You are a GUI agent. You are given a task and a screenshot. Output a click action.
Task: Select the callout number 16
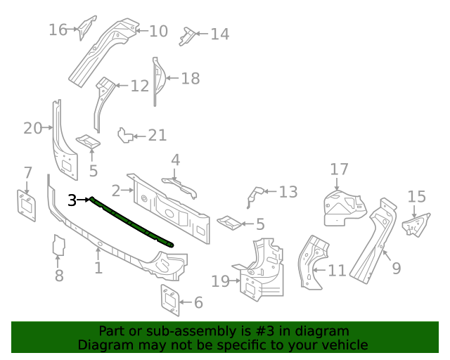pos(58,29)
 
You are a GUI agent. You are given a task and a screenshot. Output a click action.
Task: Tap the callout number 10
pos(159,30)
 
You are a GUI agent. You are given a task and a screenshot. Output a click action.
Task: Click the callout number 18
pos(191,78)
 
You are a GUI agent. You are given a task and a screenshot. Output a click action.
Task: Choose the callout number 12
pos(140,86)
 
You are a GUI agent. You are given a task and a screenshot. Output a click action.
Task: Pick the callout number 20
pos(32,128)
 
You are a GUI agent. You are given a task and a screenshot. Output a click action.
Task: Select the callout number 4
pos(175,160)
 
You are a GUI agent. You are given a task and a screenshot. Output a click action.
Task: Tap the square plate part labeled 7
pos(26,203)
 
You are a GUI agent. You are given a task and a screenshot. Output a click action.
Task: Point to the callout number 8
pos(59,276)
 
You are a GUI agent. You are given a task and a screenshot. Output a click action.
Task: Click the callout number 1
pos(98,267)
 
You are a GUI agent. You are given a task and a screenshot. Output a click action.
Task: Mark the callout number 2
pos(115,190)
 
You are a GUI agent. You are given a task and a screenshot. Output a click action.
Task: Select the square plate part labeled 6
pos(169,298)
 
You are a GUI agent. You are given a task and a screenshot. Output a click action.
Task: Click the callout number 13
pos(288,192)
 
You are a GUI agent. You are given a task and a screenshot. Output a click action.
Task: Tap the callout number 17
pos(340,169)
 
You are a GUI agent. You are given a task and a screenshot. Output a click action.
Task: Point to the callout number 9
pos(397,267)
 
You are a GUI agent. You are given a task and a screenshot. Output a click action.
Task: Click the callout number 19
pos(220,281)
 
